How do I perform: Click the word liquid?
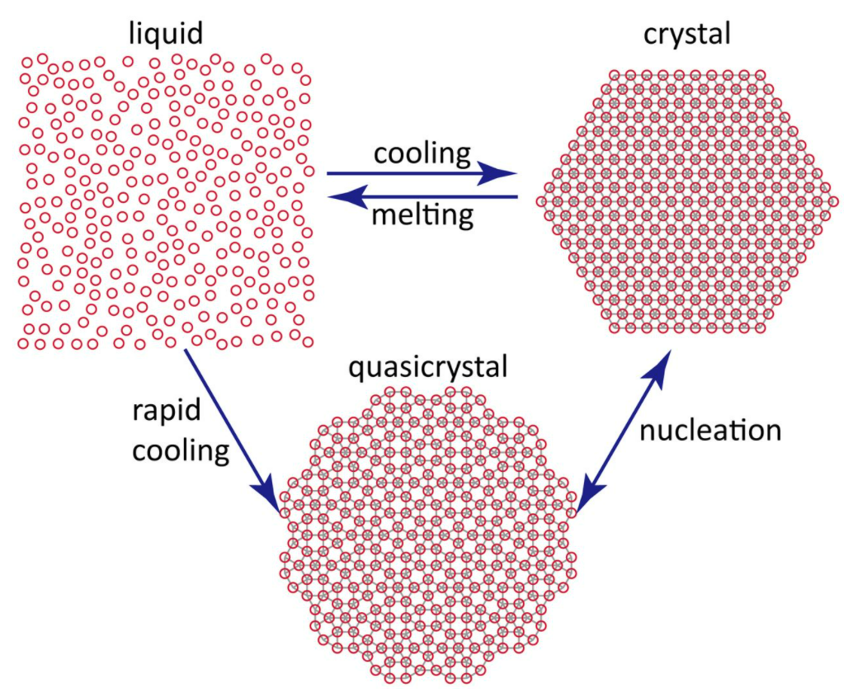pyautogui.click(x=164, y=34)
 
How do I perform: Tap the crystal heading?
pyautogui.click(x=689, y=34)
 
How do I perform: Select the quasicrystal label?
pyautogui.click(x=427, y=366)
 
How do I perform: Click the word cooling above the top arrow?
pyautogui.click(x=422, y=153)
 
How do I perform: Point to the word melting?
pyautogui.click(x=422, y=216)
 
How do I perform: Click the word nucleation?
pyautogui.click(x=710, y=430)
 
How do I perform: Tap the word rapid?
pyautogui.click(x=166, y=410)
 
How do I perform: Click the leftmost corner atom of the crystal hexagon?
pyautogui.click(x=541, y=200)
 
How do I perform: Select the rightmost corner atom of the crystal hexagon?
pyautogui.click(x=834, y=200)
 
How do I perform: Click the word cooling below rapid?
pyautogui.click(x=181, y=450)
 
